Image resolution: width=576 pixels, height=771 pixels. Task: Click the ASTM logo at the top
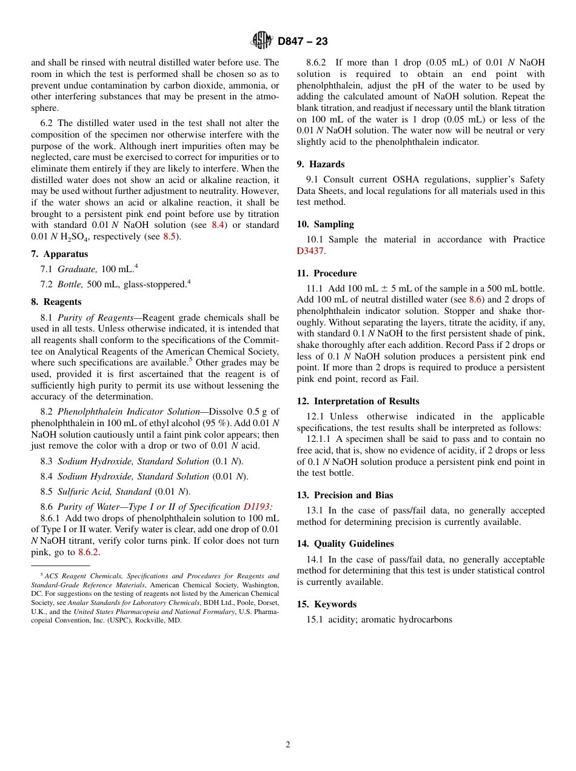pyautogui.click(x=261, y=41)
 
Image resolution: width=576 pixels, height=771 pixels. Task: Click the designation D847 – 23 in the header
pyautogui.click(x=303, y=41)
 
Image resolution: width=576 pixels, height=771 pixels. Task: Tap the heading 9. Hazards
pyautogui.click(x=320, y=164)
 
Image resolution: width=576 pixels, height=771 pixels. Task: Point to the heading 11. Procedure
pyautogui.click(x=327, y=273)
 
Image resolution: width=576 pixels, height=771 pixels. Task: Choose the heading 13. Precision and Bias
pyautogui.click(x=345, y=495)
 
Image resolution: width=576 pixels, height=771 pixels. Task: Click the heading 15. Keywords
pyautogui.click(x=327, y=604)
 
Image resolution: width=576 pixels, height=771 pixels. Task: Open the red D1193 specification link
pyautogui.click(x=258, y=507)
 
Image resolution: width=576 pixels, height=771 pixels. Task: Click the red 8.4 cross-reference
pyautogui.click(x=217, y=225)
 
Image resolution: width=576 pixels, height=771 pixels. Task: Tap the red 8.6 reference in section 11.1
pyautogui.click(x=475, y=299)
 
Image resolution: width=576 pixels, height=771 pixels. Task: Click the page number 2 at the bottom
pyautogui.click(x=288, y=745)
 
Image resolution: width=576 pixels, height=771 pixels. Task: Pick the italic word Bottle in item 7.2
pyautogui.click(x=70, y=284)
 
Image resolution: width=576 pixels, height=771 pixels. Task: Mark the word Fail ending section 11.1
pyautogui.click(x=409, y=379)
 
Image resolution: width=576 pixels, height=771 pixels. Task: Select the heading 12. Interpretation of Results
pyautogui.click(x=358, y=401)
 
